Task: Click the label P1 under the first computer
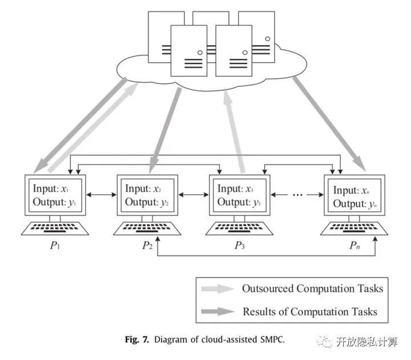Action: click(55, 246)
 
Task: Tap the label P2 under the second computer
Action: click(147, 246)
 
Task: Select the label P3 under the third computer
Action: click(240, 246)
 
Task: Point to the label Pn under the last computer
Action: click(354, 246)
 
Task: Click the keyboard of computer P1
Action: click(55, 228)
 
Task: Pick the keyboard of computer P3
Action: click(239, 228)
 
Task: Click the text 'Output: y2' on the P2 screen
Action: click(147, 202)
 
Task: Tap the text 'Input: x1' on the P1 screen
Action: click(51, 189)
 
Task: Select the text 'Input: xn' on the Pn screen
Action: click(351, 190)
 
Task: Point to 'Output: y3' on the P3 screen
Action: click(239, 202)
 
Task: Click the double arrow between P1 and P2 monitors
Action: click(101, 194)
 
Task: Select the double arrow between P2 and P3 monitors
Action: click(194, 194)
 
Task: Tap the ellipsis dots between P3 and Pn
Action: click(297, 195)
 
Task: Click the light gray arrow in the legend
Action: click(217, 289)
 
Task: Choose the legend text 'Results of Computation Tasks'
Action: click(310, 312)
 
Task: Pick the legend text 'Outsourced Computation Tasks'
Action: click(312, 289)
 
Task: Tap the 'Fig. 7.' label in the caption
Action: click(137, 339)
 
